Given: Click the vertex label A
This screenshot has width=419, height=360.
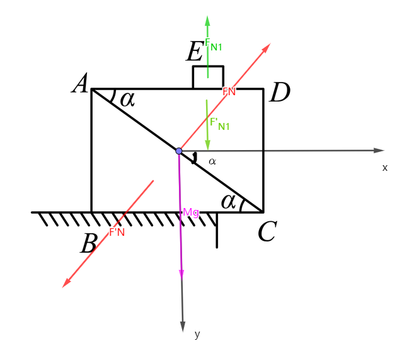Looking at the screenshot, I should tap(80, 84).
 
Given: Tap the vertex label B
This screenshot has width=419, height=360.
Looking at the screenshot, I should tap(88, 244).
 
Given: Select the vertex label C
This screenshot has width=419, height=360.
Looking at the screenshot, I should tap(267, 232).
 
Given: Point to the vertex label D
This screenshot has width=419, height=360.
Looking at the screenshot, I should tap(279, 93).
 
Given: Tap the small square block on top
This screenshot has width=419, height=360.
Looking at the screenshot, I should tap(208, 78).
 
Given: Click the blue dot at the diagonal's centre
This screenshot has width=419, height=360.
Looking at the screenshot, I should tap(179, 151).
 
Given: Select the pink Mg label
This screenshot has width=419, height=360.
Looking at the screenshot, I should tap(191, 212).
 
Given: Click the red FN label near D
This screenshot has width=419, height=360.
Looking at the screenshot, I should tap(229, 91).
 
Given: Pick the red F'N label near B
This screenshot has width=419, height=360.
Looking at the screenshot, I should tap(117, 232).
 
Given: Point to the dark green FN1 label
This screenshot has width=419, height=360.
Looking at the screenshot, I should tap(214, 45).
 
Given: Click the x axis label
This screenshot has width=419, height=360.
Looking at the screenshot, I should tap(385, 168).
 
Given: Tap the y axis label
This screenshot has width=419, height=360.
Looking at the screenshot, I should tap(197, 334).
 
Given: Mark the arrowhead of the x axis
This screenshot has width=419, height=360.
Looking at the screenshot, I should tap(379, 150).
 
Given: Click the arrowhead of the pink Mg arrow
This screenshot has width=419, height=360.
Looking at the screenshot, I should tap(181, 274).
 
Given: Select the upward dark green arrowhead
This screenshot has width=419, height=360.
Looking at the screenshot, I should tap(207, 21).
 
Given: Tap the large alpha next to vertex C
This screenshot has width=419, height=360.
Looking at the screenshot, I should tap(229, 201).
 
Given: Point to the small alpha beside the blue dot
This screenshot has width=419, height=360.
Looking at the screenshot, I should tap(212, 161).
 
